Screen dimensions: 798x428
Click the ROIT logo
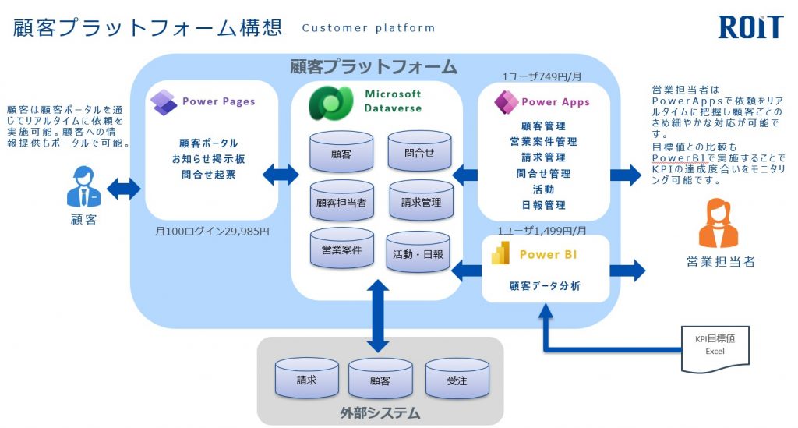pyautogui.click(x=750, y=27)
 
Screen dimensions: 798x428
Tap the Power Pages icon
pyautogui.click(x=164, y=102)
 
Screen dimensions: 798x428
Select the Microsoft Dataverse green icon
pyautogui.click(x=330, y=103)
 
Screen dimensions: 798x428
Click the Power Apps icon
pyautogui.click(x=507, y=102)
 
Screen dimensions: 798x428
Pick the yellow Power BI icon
pyautogui.click(x=501, y=253)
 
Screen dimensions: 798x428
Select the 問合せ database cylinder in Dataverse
pyautogui.click(x=419, y=151)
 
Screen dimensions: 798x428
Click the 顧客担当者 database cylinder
pyautogui.click(x=341, y=200)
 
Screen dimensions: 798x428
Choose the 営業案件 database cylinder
pyautogui.click(x=341, y=248)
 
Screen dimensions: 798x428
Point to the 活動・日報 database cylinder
pyautogui.click(x=418, y=252)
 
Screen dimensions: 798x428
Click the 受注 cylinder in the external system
pyautogui.click(x=457, y=378)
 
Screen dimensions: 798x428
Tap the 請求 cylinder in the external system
pyautogui.click(x=306, y=378)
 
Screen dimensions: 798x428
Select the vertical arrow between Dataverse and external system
pyautogui.click(x=378, y=316)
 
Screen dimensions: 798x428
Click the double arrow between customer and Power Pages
pyautogui.click(x=123, y=189)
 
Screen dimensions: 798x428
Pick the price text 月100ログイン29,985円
pyautogui.click(x=212, y=232)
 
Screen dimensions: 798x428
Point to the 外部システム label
pyautogui.click(x=380, y=412)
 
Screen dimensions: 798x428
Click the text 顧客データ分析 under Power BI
pyautogui.click(x=545, y=286)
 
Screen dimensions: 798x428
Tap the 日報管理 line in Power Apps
pyautogui.click(x=543, y=205)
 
